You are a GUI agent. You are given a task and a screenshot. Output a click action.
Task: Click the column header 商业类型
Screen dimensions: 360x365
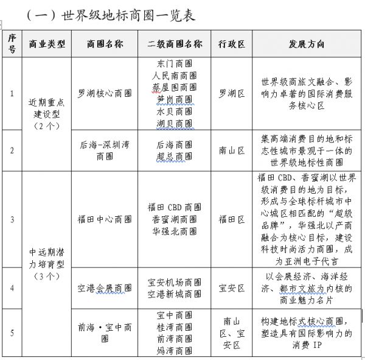pyautogui.click(x=47, y=44)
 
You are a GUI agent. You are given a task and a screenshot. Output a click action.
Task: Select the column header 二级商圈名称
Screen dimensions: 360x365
pyautogui.click(x=174, y=44)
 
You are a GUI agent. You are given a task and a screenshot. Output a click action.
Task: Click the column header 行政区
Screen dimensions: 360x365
pyautogui.click(x=232, y=44)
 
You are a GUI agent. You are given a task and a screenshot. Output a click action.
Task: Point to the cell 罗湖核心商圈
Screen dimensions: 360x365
pyautogui.click(x=105, y=94)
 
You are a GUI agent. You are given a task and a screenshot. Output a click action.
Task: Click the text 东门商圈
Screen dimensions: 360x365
pyautogui.click(x=174, y=63)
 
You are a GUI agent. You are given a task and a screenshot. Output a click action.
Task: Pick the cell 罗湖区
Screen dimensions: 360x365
pyautogui.click(x=232, y=94)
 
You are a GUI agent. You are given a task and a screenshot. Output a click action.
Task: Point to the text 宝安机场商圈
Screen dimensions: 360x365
pyautogui.click(x=175, y=282)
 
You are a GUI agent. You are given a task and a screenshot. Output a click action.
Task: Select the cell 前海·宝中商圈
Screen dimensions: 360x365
pyautogui.click(x=105, y=333)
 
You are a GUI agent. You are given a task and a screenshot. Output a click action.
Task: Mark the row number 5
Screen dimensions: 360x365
pyautogui.click(x=12, y=333)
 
